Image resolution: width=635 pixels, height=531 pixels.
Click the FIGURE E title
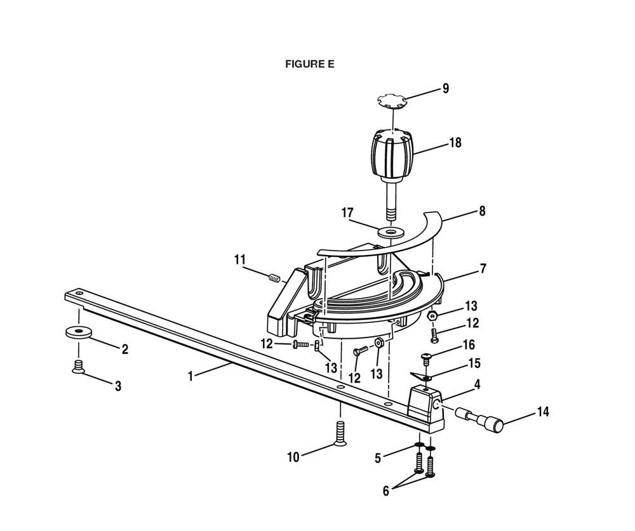click(310, 64)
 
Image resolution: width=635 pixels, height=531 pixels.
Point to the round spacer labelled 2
click(78, 332)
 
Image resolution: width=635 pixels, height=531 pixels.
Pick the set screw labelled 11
click(274, 278)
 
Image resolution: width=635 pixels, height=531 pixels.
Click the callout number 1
click(190, 376)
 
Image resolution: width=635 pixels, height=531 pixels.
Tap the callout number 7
click(483, 268)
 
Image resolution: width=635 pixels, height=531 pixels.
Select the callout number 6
click(385, 490)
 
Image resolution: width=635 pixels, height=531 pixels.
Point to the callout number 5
click(378, 458)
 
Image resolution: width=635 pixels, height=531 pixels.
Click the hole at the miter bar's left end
click(79, 292)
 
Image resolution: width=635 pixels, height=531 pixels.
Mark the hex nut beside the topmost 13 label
click(433, 315)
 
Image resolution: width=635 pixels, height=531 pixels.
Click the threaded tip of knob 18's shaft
click(390, 214)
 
